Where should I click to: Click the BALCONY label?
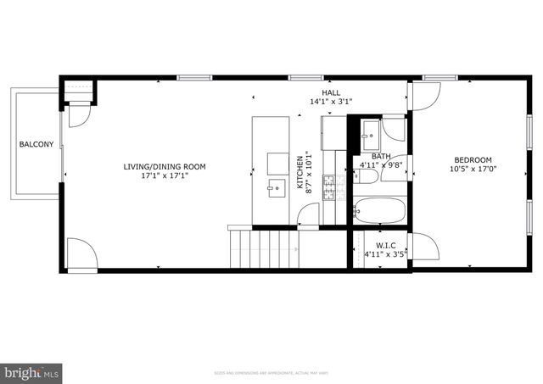[x=36, y=144]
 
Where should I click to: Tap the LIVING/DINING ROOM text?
[x=164, y=167]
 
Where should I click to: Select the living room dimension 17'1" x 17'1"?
[x=164, y=176]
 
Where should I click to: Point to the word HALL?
[x=331, y=92]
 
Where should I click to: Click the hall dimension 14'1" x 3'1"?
[x=331, y=102]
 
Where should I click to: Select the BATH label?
[x=381, y=156]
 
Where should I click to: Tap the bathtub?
[x=379, y=209]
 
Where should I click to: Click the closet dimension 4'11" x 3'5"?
[x=374, y=253]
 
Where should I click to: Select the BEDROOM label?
[x=473, y=160]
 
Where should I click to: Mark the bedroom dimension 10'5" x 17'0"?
[x=473, y=170]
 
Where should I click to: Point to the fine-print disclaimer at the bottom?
[x=271, y=372]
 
